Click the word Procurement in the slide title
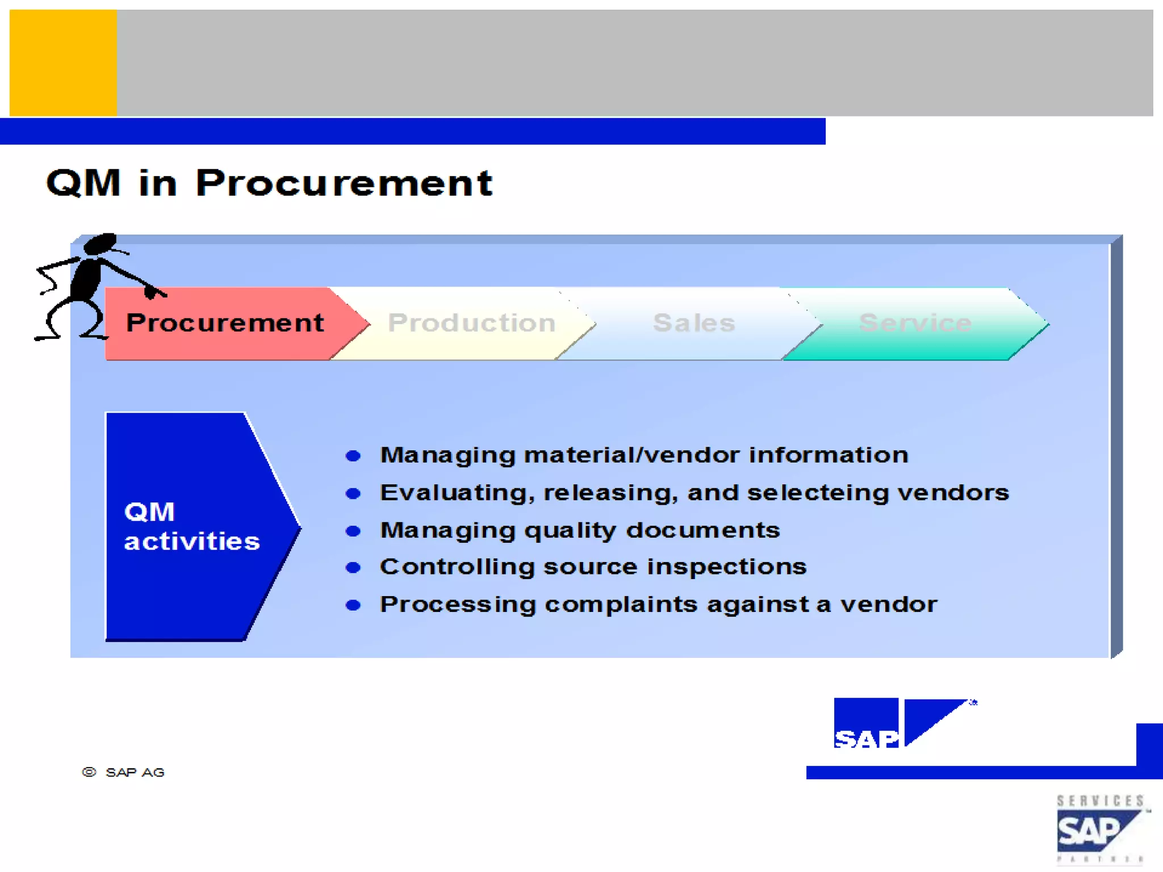pyautogui.click(x=344, y=183)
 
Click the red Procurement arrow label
pyautogui.click(x=225, y=323)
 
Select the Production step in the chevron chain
pyautogui.click(x=471, y=323)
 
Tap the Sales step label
pyautogui.click(x=694, y=323)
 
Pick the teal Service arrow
pyautogui.click(x=915, y=323)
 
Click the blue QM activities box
pyautogui.click(x=192, y=526)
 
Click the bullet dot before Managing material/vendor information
pyautogui.click(x=353, y=456)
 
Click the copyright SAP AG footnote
pyautogui.click(x=124, y=772)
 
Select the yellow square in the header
pyautogui.click(x=63, y=63)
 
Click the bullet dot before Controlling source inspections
pyautogui.click(x=353, y=568)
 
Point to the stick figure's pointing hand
pyautogui.click(x=152, y=292)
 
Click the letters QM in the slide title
pyautogui.click(x=83, y=183)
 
